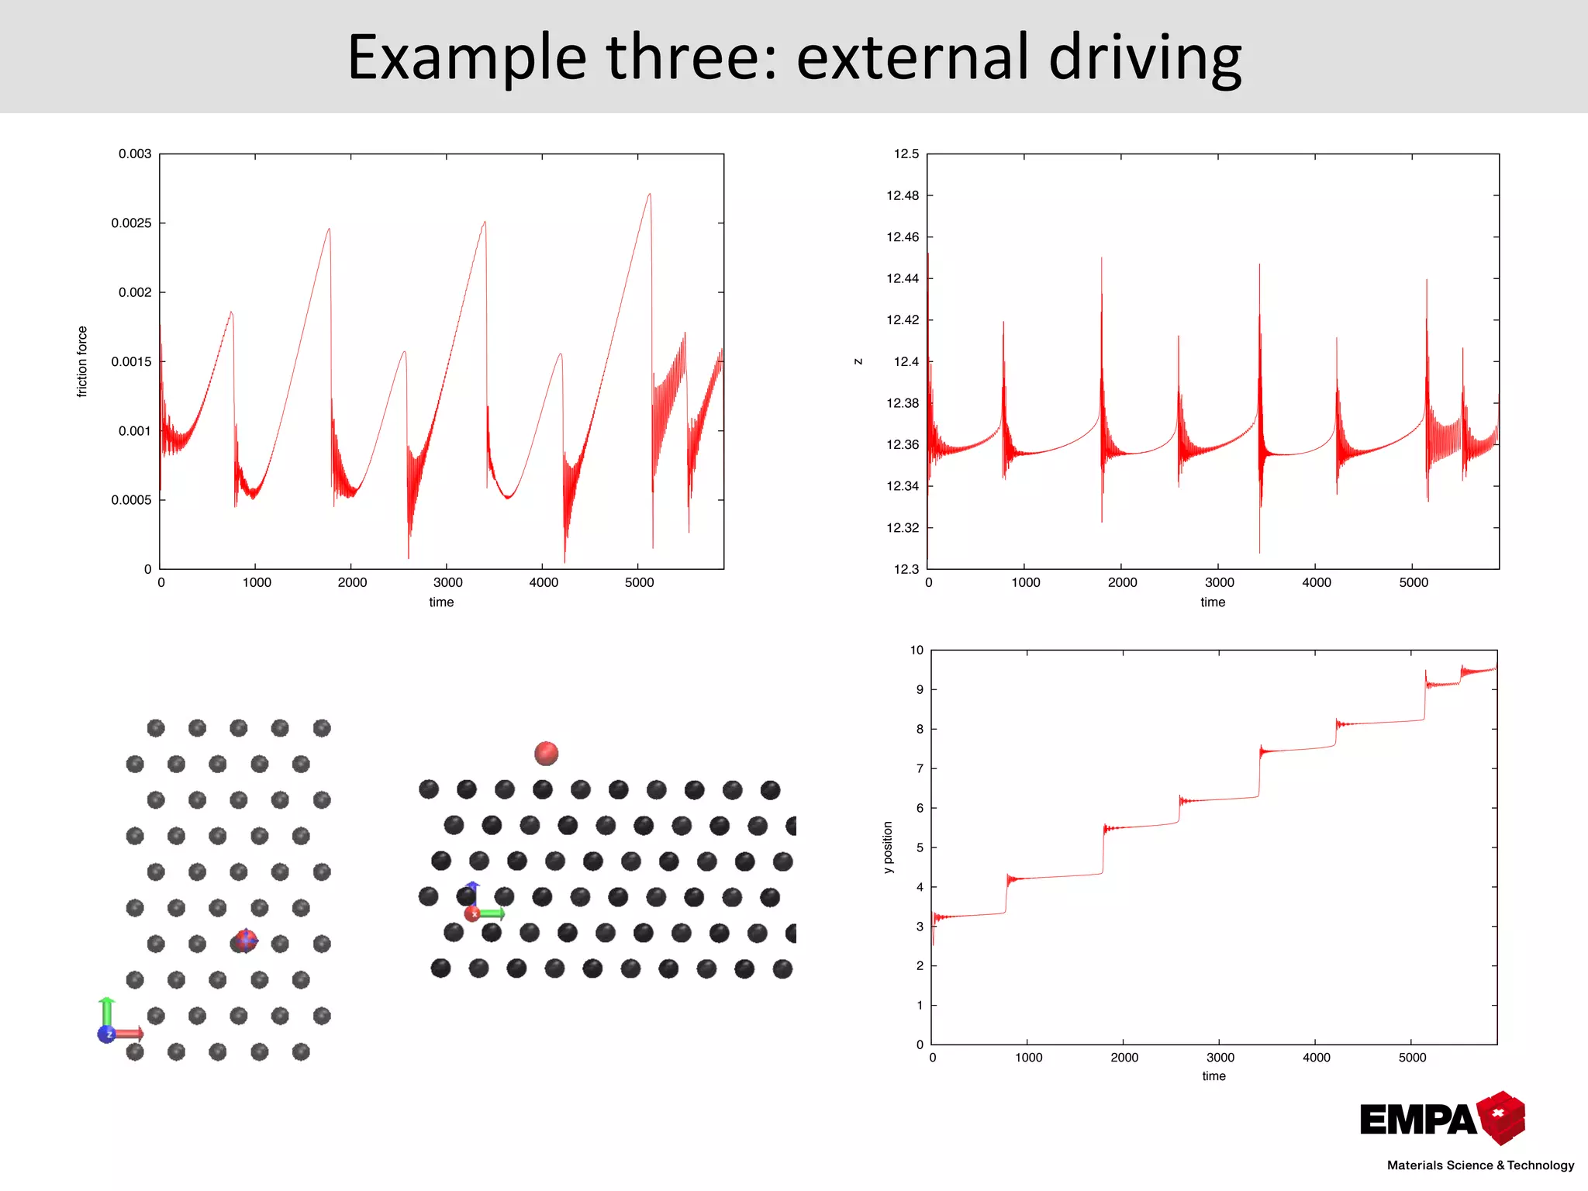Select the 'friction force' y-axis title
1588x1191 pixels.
coord(82,361)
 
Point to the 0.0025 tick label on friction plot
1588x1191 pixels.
coord(131,223)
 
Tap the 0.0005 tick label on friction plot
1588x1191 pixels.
coord(131,500)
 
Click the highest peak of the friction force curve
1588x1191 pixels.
coord(650,195)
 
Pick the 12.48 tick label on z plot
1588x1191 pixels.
coord(903,195)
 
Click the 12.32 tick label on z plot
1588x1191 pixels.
coord(903,528)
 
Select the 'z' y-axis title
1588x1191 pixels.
coord(858,361)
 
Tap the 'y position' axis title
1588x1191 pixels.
coord(888,847)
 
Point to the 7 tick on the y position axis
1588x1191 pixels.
coord(920,768)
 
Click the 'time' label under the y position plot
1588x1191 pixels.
coord(1213,1075)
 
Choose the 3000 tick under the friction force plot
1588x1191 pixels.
coord(447,582)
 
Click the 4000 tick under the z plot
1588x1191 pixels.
coord(1316,582)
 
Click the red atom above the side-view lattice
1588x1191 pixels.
coord(547,753)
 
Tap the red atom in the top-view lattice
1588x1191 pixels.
coord(246,941)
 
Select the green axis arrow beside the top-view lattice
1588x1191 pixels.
coord(107,1012)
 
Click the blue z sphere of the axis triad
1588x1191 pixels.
coord(106,1034)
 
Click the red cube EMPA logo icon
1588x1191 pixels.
coord(1501,1117)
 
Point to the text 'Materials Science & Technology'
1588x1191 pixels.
coord(1480,1165)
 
